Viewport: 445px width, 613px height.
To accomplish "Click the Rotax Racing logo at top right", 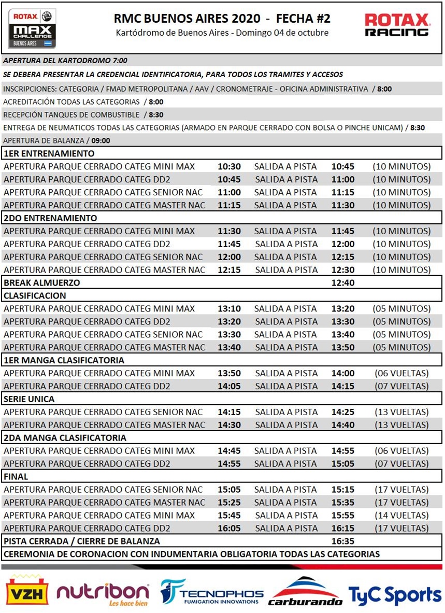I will (397, 25).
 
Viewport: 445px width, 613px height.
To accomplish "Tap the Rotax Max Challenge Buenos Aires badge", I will (32, 28).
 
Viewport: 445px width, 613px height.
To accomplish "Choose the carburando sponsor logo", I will (305, 592).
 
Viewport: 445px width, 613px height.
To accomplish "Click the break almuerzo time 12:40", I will (343, 283).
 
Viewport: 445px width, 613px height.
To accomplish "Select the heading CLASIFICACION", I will (35, 296).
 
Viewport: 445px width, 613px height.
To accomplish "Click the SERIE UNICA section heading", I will (29, 399).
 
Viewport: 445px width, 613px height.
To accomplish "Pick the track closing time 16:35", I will (343, 541).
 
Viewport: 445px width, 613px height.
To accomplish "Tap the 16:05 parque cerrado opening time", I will (229, 528).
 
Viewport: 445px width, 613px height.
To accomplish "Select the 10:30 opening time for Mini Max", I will (229, 166).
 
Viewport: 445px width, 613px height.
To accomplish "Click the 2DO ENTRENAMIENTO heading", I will (50, 218).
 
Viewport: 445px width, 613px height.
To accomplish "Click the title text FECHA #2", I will (303, 19).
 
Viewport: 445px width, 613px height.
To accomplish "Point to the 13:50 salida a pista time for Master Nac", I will (343, 347).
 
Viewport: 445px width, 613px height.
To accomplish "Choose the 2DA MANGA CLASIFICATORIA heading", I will (65, 438).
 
